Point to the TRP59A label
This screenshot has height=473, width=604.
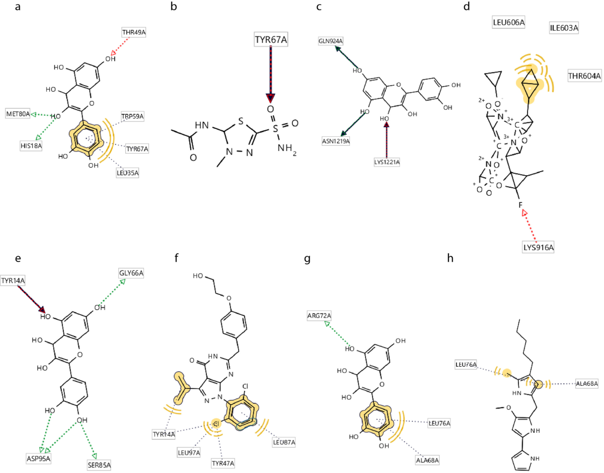coord(132,117)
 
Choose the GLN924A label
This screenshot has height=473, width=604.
coord(331,40)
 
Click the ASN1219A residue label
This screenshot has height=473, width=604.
coord(336,141)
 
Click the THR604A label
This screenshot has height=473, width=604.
coord(584,76)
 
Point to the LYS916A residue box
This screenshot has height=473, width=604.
coord(538,247)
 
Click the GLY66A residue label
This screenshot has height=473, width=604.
coord(131,273)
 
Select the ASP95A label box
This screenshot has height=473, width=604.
coord(39,458)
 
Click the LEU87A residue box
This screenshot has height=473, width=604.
coord(283,442)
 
